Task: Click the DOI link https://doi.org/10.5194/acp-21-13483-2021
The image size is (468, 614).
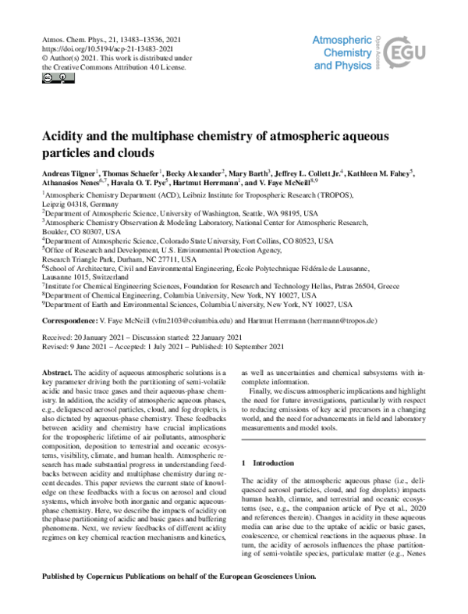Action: pyautogui.click(x=92, y=48)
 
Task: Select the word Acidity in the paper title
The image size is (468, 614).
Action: pyautogui.click(x=66, y=136)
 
